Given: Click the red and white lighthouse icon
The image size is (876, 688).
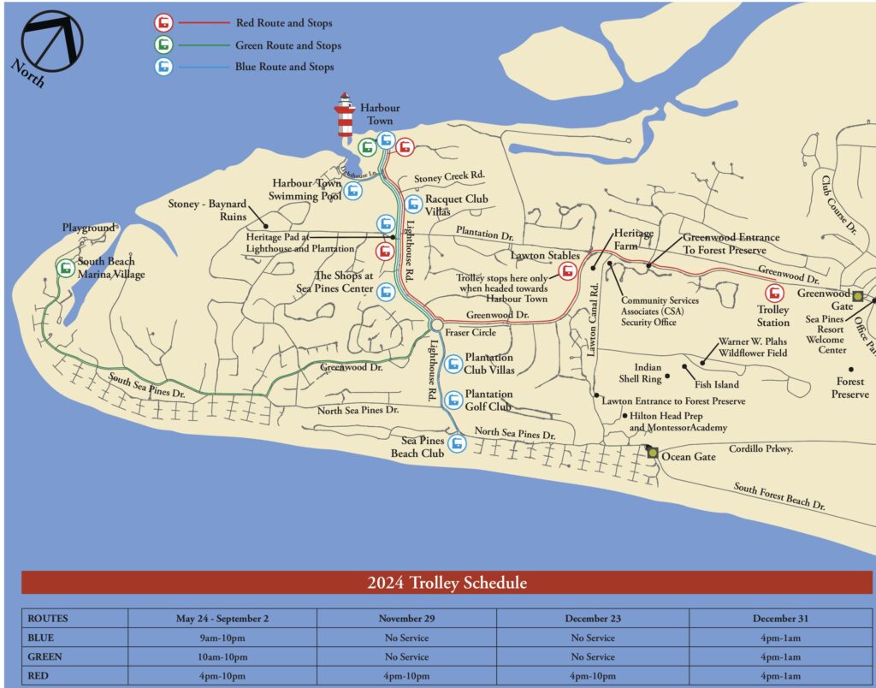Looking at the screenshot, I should click(345, 116).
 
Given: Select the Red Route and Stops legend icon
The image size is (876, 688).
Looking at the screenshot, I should click(163, 23).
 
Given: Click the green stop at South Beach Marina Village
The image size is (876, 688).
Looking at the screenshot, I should click(65, 268).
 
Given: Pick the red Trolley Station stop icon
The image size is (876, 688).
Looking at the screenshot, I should click(773, 292).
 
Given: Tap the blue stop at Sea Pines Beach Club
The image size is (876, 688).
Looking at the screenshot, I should click(458, 443).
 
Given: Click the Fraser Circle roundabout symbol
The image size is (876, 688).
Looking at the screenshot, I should click(435, 325).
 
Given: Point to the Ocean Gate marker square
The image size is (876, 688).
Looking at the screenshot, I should click(653, 453).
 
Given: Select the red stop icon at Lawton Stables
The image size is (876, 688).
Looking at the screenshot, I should click(566, 272).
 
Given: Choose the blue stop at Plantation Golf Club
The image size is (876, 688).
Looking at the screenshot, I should click(453, 397).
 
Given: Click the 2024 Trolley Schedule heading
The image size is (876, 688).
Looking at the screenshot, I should click(447, 584).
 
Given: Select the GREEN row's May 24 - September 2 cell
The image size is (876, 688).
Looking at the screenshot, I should click(222, 657).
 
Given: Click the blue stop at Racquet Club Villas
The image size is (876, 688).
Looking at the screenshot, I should click(413, 205).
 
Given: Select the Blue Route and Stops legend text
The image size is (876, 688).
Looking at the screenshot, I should click(284, 67).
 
